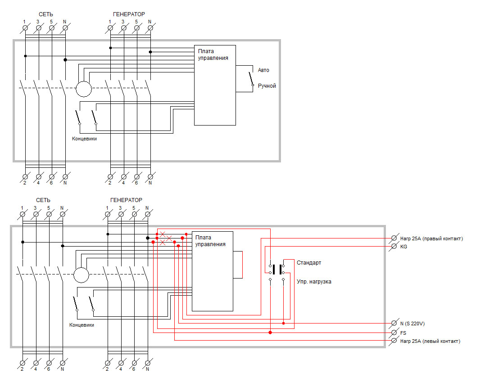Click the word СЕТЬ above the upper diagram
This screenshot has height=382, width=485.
point(46,14)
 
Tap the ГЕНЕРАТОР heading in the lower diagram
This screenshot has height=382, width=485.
point(126,200)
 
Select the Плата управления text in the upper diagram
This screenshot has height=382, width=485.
point(213,54)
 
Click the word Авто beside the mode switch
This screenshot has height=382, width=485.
point(263,70)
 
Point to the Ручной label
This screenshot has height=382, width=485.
point(267,86)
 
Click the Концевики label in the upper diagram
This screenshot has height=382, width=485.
point(85,139)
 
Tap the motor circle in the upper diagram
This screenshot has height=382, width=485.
point(84,89)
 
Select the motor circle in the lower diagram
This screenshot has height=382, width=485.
point(81,275)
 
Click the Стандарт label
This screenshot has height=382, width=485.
point(309,263)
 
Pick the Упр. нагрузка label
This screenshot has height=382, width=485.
point(314,282)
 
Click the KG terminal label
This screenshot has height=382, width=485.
point(403,247)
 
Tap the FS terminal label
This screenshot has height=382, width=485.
point(403,333)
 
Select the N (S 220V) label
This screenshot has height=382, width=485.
point(412,324)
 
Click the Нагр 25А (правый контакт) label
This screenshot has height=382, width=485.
point(431,238)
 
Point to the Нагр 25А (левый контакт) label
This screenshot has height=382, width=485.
point(430,341)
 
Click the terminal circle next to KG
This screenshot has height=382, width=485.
point(394,246)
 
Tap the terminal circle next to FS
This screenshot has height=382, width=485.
point(394,333)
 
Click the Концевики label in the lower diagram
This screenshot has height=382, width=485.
point(82,325)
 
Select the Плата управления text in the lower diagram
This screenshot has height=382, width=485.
point(210,241)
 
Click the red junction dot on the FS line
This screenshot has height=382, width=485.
point(270,333)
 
